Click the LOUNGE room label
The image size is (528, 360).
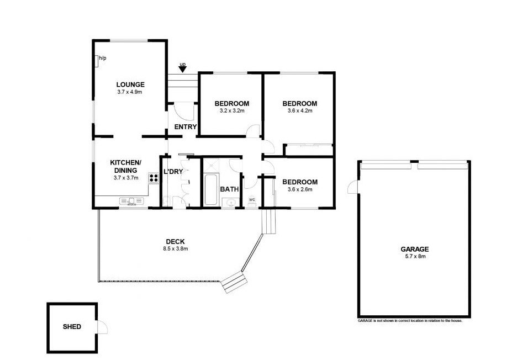[130, 84]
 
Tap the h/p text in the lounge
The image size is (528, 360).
[103, 58]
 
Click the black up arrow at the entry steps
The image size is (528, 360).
[182, 68]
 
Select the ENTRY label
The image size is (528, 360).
[185, 127]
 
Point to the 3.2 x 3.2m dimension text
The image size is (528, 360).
[231, 111]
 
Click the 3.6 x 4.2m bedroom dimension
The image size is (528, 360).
[299, 111]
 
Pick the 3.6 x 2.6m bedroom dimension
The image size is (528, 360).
[299, 189]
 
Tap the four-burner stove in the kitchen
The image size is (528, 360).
[153, 178]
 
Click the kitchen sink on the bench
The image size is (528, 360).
[131, 203]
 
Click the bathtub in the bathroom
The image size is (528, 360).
[210, 189]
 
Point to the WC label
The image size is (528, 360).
[252, 199]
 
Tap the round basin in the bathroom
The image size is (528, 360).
[230, 203]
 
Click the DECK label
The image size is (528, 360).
[175, 241]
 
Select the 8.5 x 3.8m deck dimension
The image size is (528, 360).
[175, 248]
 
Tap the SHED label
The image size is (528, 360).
[72, 327]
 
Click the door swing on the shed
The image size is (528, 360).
[102, 327]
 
